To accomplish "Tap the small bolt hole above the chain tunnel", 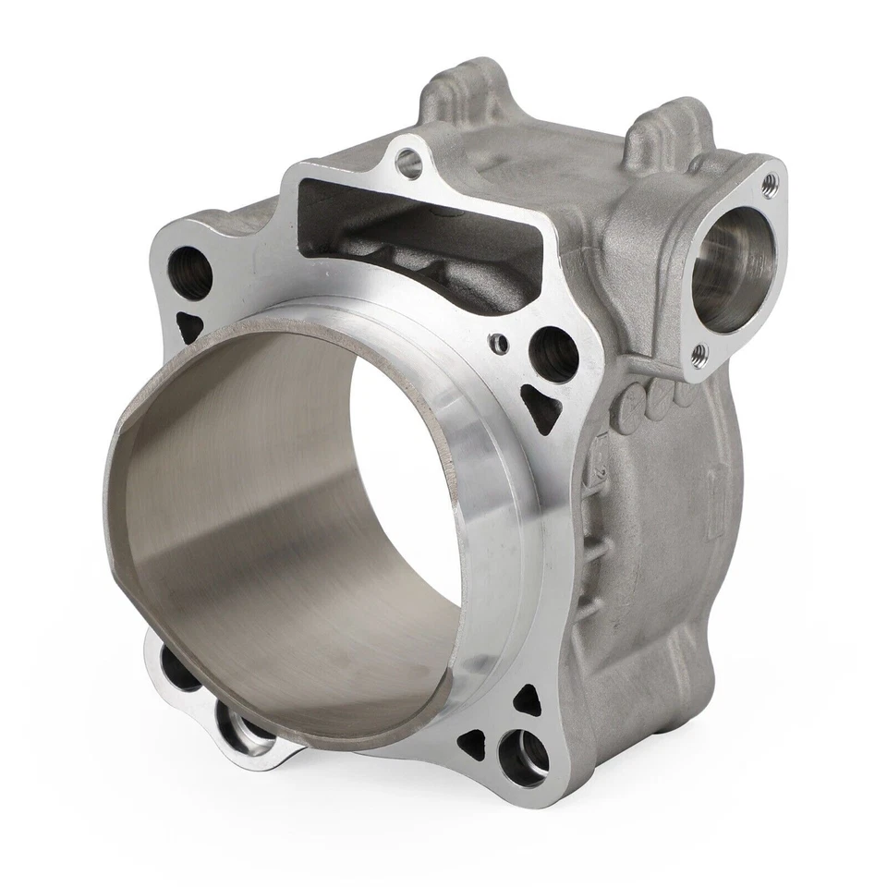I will (x=408, y=164).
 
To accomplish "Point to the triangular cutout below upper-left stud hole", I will (x=190, y=326).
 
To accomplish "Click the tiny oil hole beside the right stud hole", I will (x=500, y=345).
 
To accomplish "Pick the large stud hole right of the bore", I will (x=553, y=354).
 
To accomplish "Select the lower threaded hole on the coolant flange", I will (x=700, y=353).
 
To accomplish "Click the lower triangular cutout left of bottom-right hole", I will (x=473, y=739).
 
